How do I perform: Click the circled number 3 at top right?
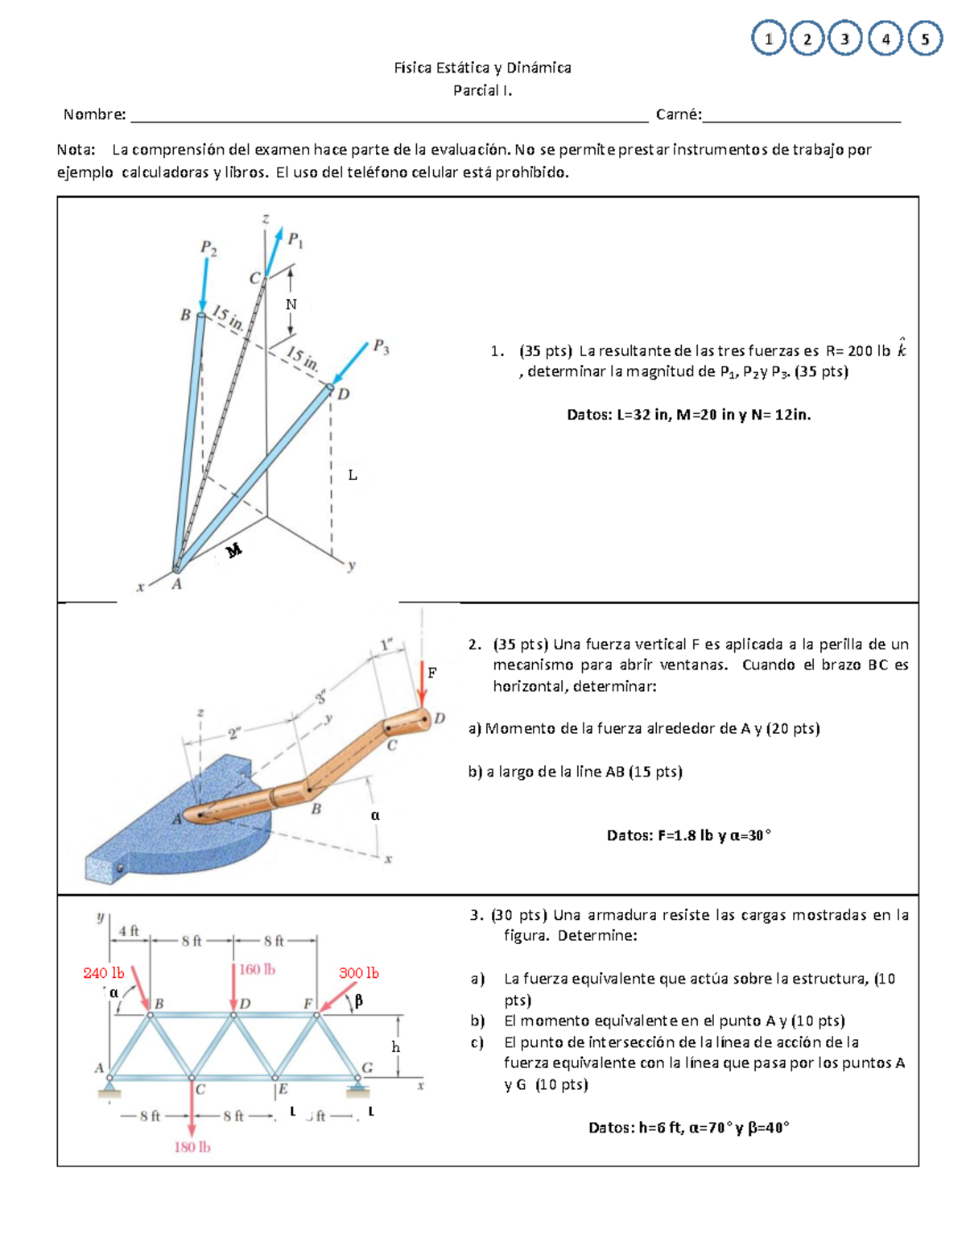tap(844, 39)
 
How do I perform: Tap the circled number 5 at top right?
tap(925, 39)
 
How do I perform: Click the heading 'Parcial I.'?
tap(482, 90)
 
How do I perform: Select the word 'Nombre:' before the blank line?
tap(95, 114)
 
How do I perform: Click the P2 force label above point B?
tap(208, 247)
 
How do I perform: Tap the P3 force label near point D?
tap(381, 347)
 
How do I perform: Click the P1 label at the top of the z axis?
tap(295, 239)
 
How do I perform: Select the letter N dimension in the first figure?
tap(291, 304)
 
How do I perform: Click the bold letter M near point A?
tap(233, 551)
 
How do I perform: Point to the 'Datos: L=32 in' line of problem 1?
tap(688, 415)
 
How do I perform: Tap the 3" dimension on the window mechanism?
tap(320, 696)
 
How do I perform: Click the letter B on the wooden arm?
tap(316, 809)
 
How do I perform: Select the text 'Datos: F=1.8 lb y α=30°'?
tap(688, 835)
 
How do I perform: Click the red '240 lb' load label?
tap(104, 973)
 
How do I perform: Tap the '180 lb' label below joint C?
tap(192, 1146)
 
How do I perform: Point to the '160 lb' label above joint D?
tap(257, 969)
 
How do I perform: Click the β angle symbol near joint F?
tap(358, 1000)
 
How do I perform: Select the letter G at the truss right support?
tap(367, 1067)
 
